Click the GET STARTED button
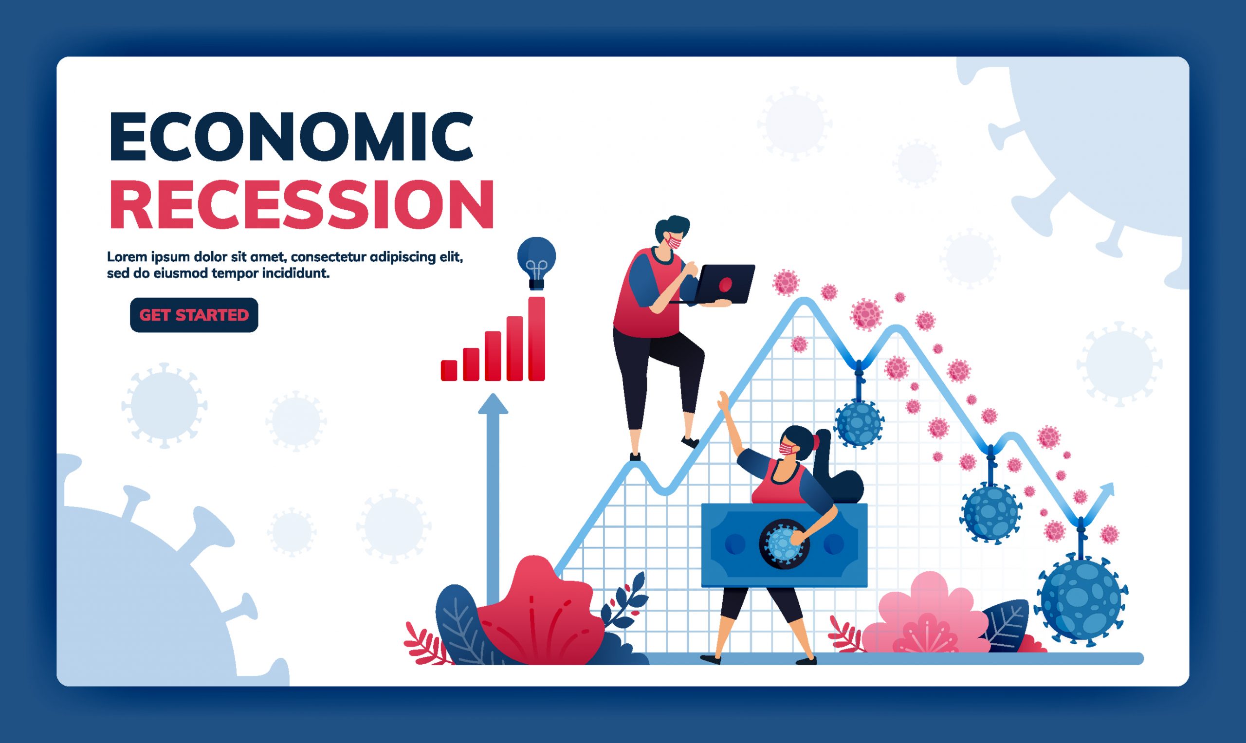pos(194,315)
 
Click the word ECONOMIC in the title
pos(291,136)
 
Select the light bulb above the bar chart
pos(536,263)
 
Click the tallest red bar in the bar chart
pos(536,339)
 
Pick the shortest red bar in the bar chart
pos(449,370)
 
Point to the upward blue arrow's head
pos(493,404)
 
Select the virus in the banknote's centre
pos(784,544)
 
